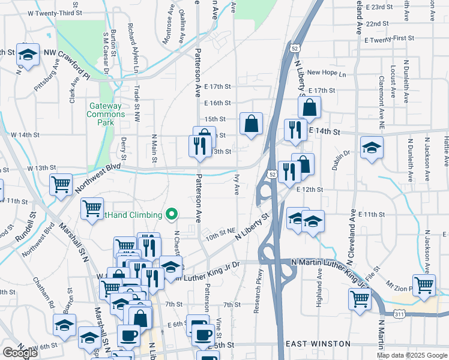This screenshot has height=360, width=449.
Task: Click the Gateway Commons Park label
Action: click(106, 114)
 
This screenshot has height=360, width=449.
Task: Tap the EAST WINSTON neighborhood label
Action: click(318, 344)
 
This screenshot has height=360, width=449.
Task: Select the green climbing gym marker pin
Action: click(172, 214)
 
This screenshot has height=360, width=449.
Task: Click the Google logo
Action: click(20, 353)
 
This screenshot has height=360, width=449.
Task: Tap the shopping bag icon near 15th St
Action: click(252, 124)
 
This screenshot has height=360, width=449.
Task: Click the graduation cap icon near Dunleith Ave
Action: click(372, 148)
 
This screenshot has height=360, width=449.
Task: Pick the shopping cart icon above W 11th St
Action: click(61, 186)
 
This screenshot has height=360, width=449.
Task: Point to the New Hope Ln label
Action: click(327, 73)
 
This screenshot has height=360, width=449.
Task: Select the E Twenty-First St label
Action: click(389, 38)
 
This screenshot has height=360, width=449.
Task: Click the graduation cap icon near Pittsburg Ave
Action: click(27, 54)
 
